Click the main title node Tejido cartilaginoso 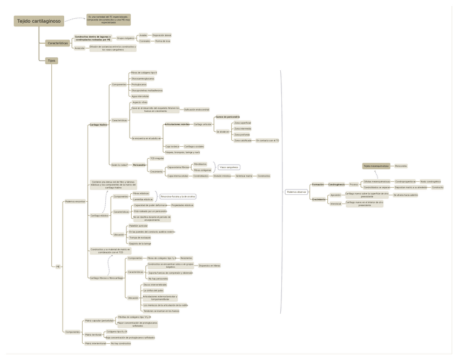(x=39, y=21)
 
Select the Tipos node (x=51, y=61)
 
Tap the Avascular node (x=79, y=48)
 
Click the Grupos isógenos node (x=125, y=38)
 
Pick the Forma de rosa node (x=163, y=41)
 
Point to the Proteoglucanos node (x=139, y=84)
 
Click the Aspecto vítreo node (x=140, y=102)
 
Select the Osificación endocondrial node (x=197, y=110)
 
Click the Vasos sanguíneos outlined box (x=228, y=167)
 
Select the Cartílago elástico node (x=99, y=215)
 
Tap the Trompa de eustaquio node (x=140, y=237)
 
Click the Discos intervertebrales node (x=155, y=284)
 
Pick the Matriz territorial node (x=93, y=335)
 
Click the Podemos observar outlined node (x=297, y=192)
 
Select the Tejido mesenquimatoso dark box (x=376, y=166)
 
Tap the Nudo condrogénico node (x=430, y=181)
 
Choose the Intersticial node (x=336, y=204)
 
